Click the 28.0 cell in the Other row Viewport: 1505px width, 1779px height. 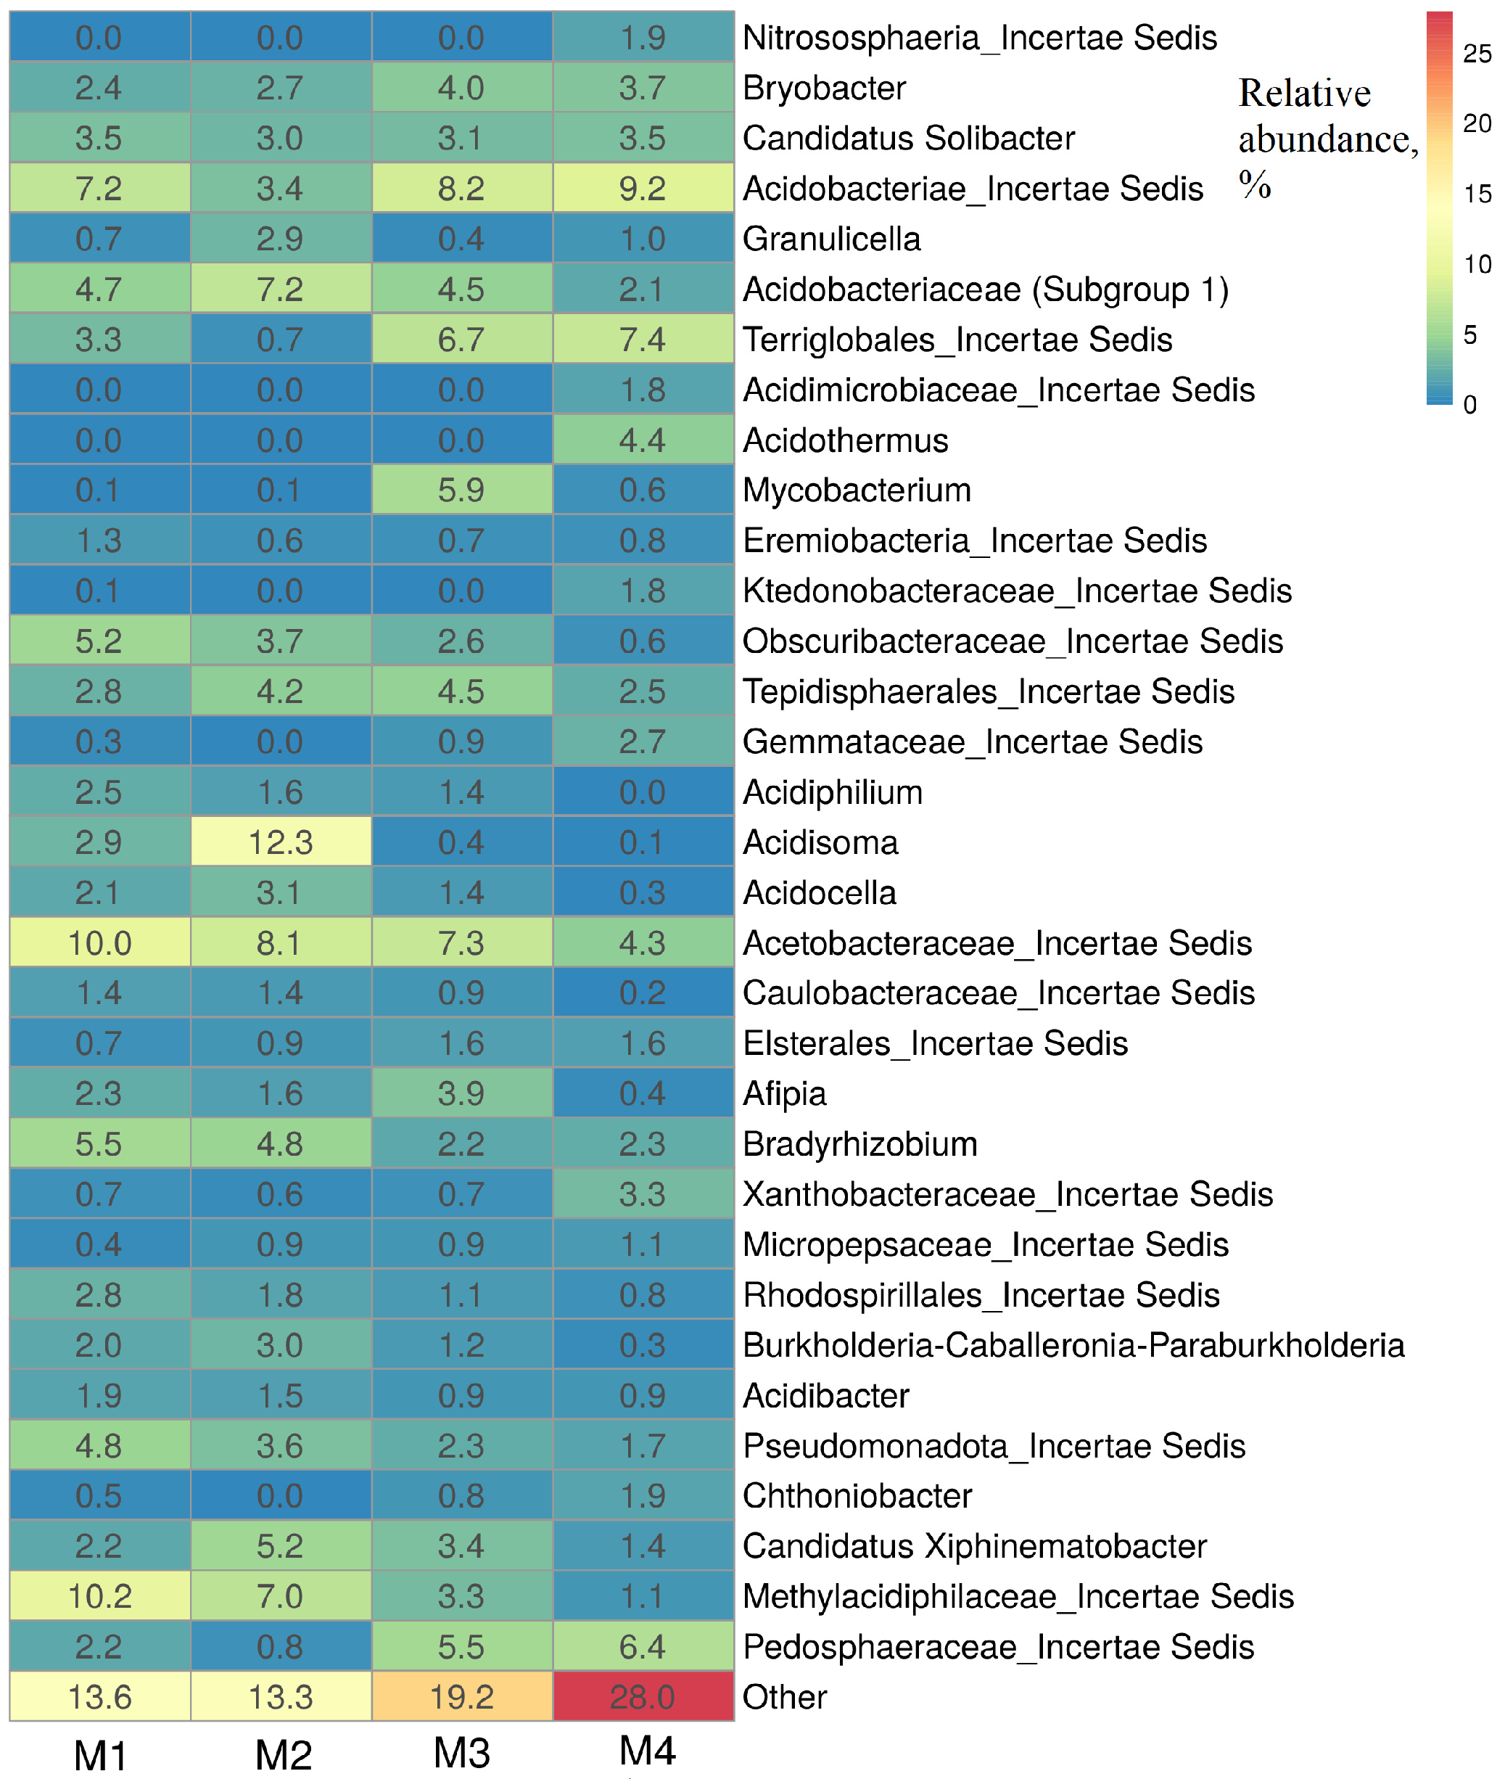tap(643, 1696)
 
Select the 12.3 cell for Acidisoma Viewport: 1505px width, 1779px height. tap(281, 842)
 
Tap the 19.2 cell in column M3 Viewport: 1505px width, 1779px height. tap(461, 1696)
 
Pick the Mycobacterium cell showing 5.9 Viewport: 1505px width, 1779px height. tap(461, 490)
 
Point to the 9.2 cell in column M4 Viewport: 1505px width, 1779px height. tap(643, 188)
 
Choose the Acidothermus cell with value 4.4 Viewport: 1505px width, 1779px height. tap(643, 440)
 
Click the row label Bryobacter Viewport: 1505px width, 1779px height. tap(824, 88)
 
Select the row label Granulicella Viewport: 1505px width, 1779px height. tap(832, 239)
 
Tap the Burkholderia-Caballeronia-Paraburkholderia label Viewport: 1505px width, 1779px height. tap(1073, 1344)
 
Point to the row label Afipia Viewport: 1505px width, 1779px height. tap(784, 1093)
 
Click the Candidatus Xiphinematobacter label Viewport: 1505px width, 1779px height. tap(974, 1545)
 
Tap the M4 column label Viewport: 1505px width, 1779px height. tap(647, 1751)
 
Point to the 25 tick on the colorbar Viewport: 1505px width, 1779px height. tap(1477, 54)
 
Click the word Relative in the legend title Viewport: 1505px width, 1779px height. tap(1305, 93)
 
